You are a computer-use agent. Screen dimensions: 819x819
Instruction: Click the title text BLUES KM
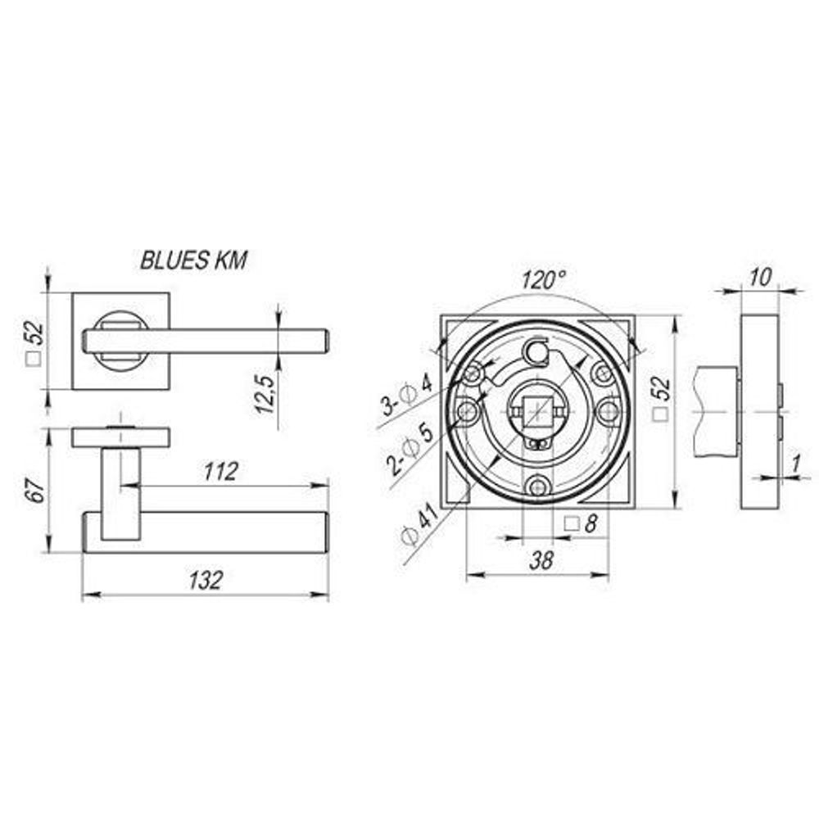coord(194,260)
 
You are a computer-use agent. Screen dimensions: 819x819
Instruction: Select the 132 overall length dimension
coord(206,581)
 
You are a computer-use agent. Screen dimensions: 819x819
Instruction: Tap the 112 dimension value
coord(221,471)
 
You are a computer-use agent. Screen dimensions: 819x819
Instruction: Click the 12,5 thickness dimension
coord(265,395)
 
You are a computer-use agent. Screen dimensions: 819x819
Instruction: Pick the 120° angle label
coord(543,279)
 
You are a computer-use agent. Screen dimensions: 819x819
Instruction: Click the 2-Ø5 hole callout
coord(409,448)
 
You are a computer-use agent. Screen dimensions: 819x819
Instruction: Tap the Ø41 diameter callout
coord(421,523)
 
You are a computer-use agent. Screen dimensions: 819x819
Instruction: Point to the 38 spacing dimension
coord(541,560)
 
